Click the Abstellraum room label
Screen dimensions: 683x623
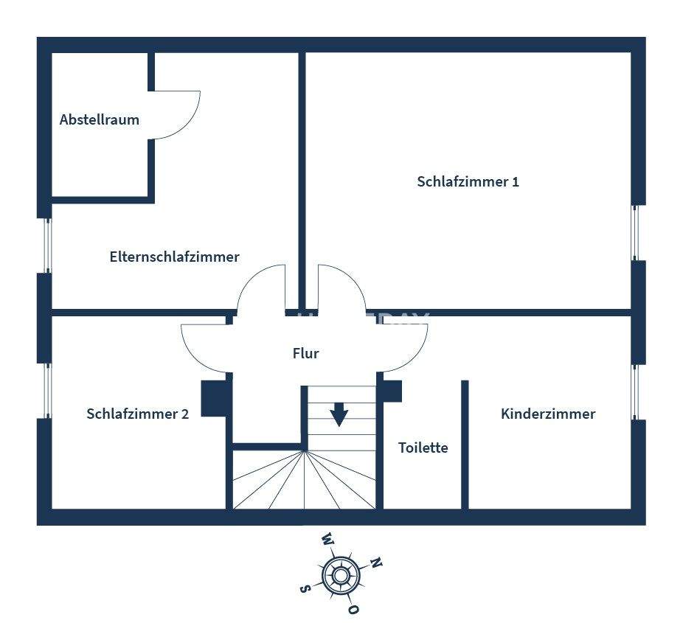(x=100, y=119)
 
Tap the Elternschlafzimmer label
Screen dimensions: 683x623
(x=174, y=257)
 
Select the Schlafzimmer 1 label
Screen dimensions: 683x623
(x=468, y=181)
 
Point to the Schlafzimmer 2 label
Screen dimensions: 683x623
(x=137, y=414)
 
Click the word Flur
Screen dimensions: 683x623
(x=305, y=353)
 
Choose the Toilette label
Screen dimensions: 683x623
(x=423, y=448)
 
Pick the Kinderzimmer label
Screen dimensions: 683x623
(x=547, y=414)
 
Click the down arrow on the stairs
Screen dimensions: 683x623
(x=339, y=414)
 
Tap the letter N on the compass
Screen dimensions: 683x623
(x=375, y=563)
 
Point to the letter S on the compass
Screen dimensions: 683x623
(x=305, y=588)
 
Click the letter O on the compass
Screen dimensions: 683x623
(x=354, y=610)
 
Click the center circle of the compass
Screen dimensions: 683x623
(x=340, y=574)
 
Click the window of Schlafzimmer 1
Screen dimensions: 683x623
(x=637, y=232)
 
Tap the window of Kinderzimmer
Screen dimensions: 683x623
(x=637, y=392)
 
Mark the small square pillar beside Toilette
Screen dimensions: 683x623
(x=392, y=391)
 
